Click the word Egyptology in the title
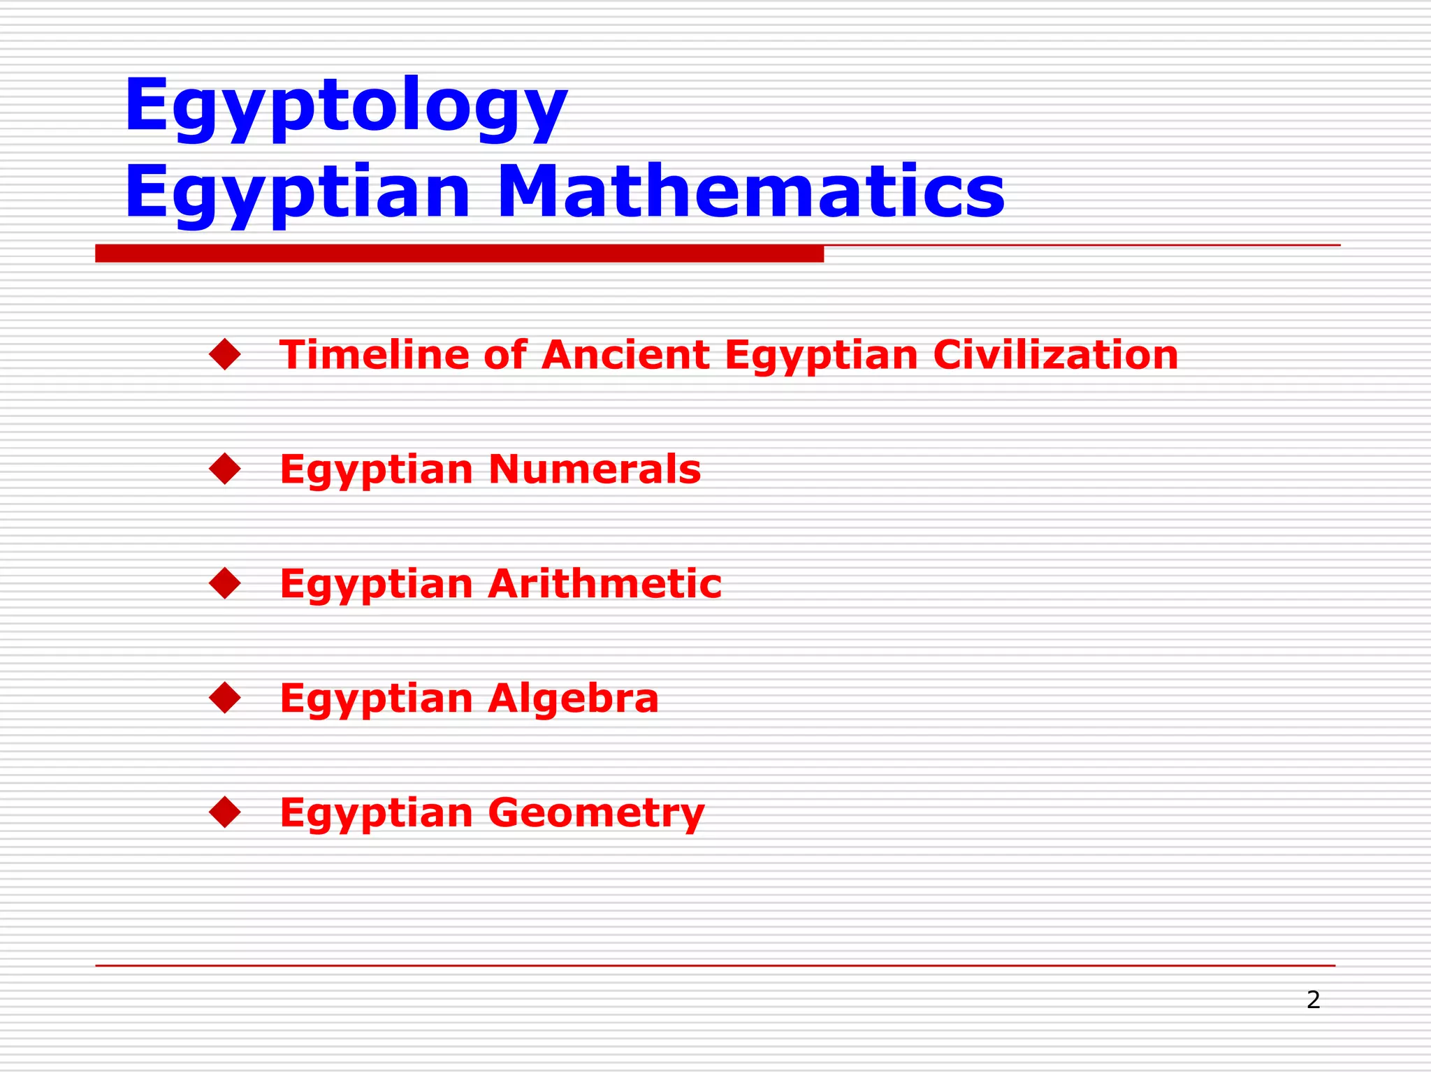[346, 106]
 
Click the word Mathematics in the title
[751, 192]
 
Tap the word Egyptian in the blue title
[298, 192]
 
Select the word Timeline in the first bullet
[375, 354]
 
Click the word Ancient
[625, 354]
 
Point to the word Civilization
[1055, 354]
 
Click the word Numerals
[595, 469]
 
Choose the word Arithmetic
[605, 583]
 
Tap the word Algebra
[574, 698]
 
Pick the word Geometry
[597, 812]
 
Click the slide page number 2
[1313, 1000]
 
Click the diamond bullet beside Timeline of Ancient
[225, 354]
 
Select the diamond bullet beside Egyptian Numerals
[225, 469]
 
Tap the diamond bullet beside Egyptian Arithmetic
[225, 583]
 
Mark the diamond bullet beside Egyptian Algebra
[225, 698]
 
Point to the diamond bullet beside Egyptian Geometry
[225, 812]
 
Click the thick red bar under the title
[459, 254]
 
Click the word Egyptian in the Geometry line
[377, 814]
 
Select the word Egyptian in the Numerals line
[377, 470]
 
